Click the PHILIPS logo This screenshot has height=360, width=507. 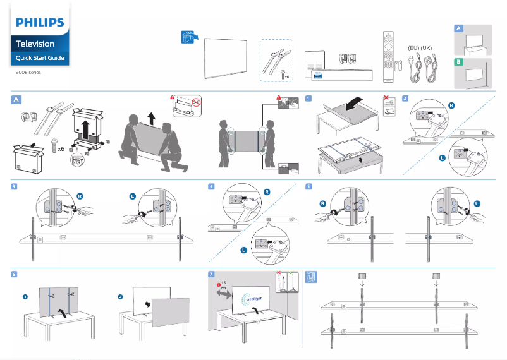point(40,23)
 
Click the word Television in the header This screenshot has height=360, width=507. point(35,44)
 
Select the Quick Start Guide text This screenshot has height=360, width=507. point(40,58)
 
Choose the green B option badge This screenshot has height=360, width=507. point(460,62)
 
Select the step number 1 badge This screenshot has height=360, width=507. point(308,99)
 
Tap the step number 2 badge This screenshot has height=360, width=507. point(405,99)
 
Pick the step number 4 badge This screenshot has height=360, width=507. point(212,186)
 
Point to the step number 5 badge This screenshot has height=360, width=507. point(308,186)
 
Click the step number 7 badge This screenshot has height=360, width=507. point(212,275)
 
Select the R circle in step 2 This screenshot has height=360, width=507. point(451,105)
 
